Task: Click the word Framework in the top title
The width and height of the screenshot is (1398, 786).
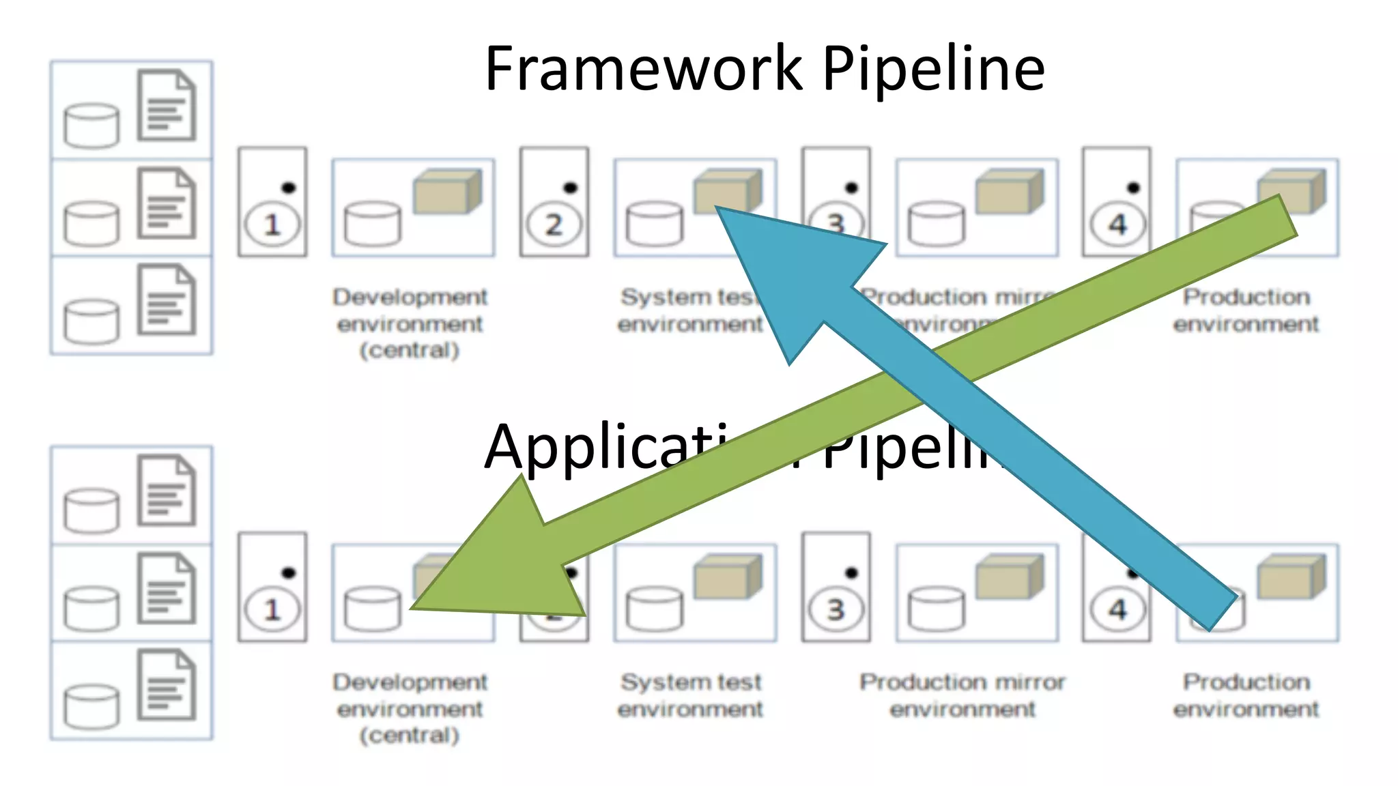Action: [x=643, y=68]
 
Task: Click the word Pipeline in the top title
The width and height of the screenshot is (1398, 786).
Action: [x=933, y=70]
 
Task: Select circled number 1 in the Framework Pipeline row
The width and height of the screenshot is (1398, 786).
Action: [x=272, y=224]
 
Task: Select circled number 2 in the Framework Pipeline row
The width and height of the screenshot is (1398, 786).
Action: [x=554, y=224]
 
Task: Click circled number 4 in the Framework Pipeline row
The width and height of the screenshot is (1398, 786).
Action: [x=1117, y=224]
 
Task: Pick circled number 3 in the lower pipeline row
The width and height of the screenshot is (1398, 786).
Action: [x=836, y=609]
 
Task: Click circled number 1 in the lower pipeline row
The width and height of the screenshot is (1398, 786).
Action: [x=272, y=609]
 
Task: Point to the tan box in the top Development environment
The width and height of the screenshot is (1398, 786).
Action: [x=447, y=192]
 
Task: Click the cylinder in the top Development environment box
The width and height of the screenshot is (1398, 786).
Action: [x=373, y=223]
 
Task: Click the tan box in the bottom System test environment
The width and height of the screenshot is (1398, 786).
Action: [x=728, y=577]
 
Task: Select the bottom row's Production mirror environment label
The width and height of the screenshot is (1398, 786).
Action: [x=962, y=695]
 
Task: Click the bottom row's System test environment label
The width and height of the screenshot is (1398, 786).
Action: [x=690, y=695]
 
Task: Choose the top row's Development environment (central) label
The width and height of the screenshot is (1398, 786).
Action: [x=410, y=323]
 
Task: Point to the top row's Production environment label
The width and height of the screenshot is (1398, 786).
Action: [x=1246, y=310]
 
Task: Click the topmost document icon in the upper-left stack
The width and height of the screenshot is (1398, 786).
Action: [x=167, y=105]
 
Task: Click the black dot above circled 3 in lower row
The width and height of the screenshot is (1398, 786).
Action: [x=851, y=572]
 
